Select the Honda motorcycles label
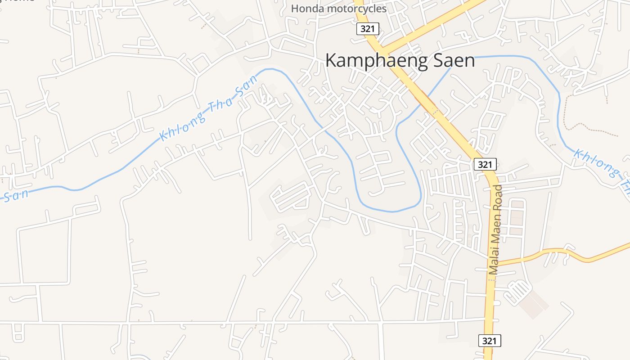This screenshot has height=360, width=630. click(338, 9)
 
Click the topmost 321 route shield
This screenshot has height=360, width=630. click(368, 29)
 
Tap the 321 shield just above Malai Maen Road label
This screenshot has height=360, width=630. click(485, 164)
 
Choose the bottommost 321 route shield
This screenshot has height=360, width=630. click(489, 341)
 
